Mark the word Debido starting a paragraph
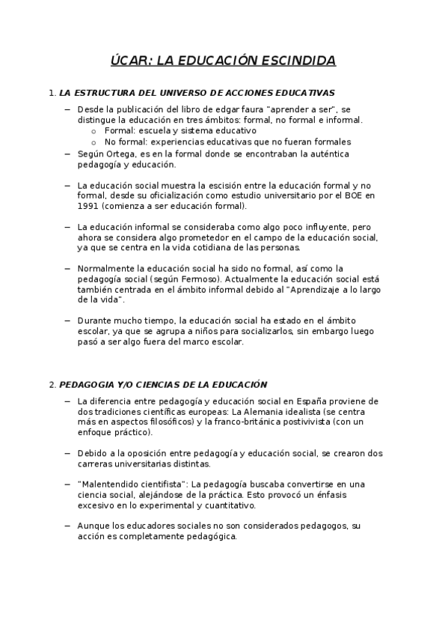(x=91, y=453)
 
